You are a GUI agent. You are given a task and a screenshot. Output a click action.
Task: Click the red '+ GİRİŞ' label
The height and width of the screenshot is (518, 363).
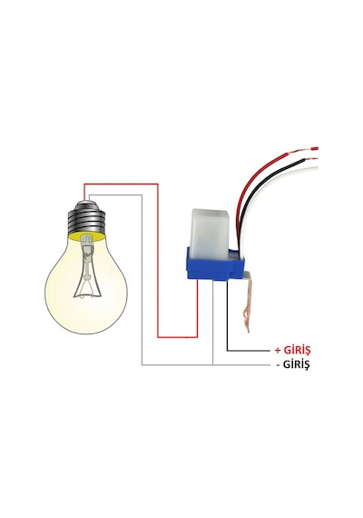(292, 350)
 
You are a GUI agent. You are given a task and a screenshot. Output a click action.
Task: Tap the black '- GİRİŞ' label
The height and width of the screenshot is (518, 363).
(293, 365)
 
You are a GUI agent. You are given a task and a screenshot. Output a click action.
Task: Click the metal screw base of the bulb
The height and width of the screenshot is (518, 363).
(87, 219)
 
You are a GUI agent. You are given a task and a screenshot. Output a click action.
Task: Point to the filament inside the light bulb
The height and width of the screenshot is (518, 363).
(87, 266)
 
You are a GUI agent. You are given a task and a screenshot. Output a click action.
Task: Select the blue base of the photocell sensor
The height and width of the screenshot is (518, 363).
(215, 265)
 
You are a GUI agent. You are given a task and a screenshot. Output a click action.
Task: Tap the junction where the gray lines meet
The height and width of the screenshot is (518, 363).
(213, 364)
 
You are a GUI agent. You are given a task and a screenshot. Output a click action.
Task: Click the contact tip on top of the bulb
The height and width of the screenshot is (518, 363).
(85, 201)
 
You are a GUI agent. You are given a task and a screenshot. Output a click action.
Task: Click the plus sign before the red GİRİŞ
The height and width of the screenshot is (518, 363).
(278, 351)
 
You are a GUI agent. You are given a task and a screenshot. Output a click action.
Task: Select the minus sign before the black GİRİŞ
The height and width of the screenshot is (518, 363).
(279, 365)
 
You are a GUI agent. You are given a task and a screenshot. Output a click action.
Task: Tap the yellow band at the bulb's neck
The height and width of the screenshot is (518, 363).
(87, 236)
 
